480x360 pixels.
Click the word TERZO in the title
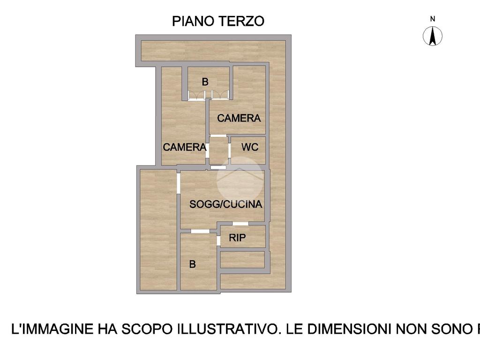click(241, 21)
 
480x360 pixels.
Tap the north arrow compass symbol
click(433, 36)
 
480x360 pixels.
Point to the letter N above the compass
click(433, 19)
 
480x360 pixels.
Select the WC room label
click(250, 147)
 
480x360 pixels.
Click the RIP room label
click(237, 238)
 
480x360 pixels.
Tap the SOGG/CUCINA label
click(225, 204)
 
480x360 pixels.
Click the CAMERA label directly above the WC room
click(239, 118)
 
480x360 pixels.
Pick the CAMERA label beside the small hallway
click(184, 147)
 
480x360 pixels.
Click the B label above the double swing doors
click(205, 82)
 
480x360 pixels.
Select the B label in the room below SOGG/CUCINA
click(192, 264)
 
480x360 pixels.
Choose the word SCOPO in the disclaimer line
click(147, 329)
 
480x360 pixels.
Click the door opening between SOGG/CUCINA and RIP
click(240, 224)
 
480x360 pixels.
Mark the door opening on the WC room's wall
click(230, 150)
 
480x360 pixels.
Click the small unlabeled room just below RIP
click(242, 260)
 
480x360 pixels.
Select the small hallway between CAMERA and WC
click(218, 150)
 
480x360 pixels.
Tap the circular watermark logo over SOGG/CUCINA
click(240, 180)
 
